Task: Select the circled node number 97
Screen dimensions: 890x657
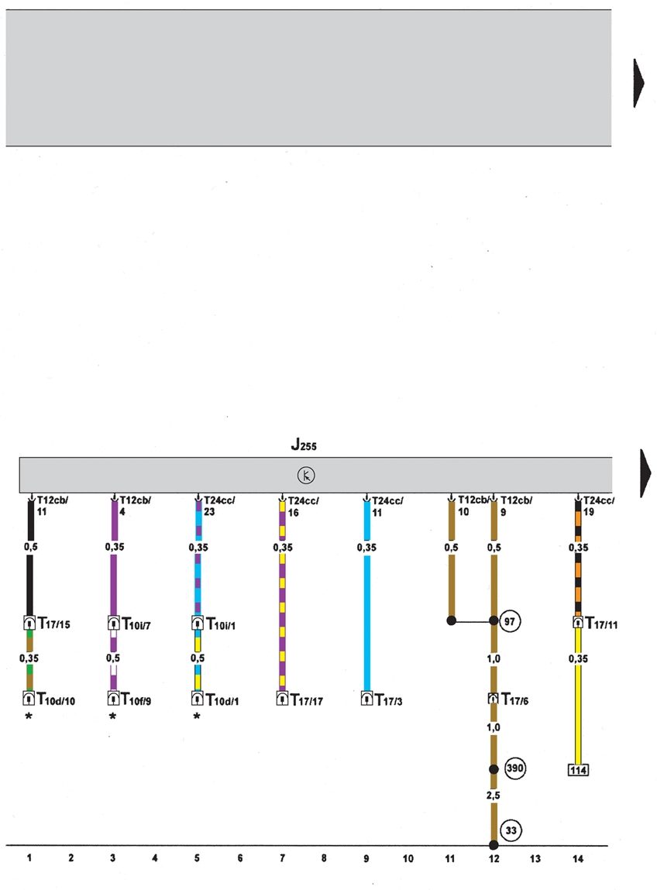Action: point(510,620)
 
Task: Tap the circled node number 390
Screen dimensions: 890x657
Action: point(515,768)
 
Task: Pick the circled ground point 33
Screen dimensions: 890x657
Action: point(511,830)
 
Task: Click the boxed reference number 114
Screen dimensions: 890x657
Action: point(578,770)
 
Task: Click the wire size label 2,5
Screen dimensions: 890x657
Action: point(493,795)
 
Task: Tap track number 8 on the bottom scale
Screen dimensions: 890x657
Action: point(324,858)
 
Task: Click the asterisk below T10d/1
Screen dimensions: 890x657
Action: point(197,717)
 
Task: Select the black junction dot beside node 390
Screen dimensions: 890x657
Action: point(493,768)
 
